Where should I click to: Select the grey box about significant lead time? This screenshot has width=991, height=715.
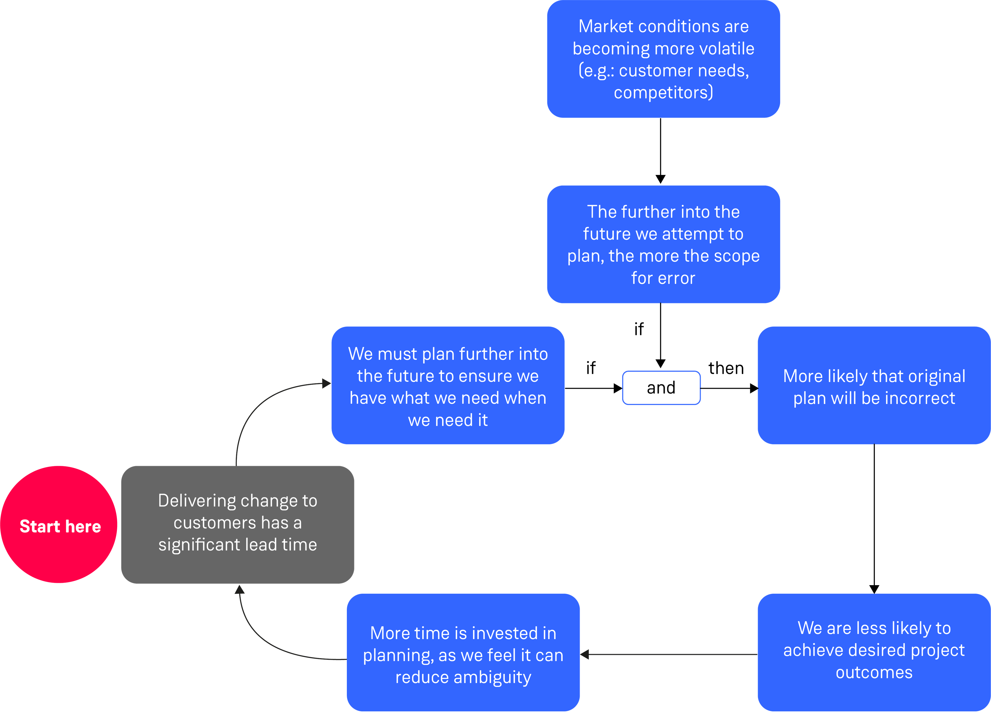[x=237, y=525]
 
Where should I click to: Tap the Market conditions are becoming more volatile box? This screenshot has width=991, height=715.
[x=663, y=59]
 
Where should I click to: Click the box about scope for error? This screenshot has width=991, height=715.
[x=663, y=244]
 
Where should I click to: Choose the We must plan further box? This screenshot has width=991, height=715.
[x=448, y=385]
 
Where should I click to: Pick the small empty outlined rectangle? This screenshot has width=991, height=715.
[x=661, y=388]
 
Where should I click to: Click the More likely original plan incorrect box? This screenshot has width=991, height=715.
[x=874, y=385]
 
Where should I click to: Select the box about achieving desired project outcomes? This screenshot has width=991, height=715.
[x=874, y=652]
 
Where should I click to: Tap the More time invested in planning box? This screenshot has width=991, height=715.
[x=463, y=652]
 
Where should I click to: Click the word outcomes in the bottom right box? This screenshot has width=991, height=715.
[x=874, y=672]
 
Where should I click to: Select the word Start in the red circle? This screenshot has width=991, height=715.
[x=39, y=526]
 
